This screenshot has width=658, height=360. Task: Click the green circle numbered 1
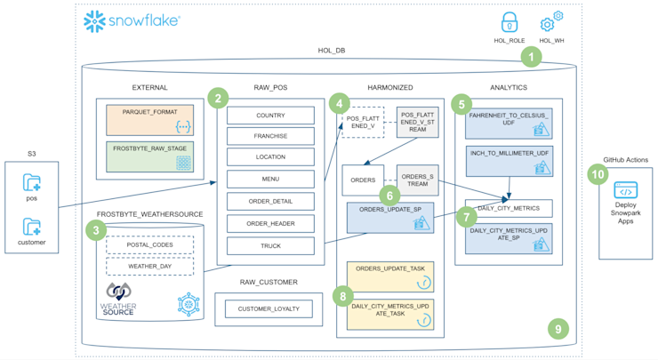tap(531, 58)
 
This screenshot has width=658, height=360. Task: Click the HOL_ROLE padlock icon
tap(510, 22)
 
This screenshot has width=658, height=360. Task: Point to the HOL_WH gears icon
tap(551, 22)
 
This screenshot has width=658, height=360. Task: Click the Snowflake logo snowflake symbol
tap(95, 21)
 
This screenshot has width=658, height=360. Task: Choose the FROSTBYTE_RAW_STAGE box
tap(149, 156)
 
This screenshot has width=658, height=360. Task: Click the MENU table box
tap(270, 179)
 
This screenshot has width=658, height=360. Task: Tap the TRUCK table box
tap(270, 246)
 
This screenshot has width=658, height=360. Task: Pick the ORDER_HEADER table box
tap(270, 223)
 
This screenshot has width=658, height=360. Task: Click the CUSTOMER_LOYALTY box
tap(269, 309)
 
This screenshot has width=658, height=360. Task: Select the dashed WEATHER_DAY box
tap(149, 266)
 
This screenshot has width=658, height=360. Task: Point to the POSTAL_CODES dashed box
tap(149, 244)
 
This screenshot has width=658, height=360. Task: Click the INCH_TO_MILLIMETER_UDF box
tap(508, 161)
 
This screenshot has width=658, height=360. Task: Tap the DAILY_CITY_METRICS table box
tap(508, 209)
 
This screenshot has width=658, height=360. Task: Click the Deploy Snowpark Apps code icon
tap(626, 191)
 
